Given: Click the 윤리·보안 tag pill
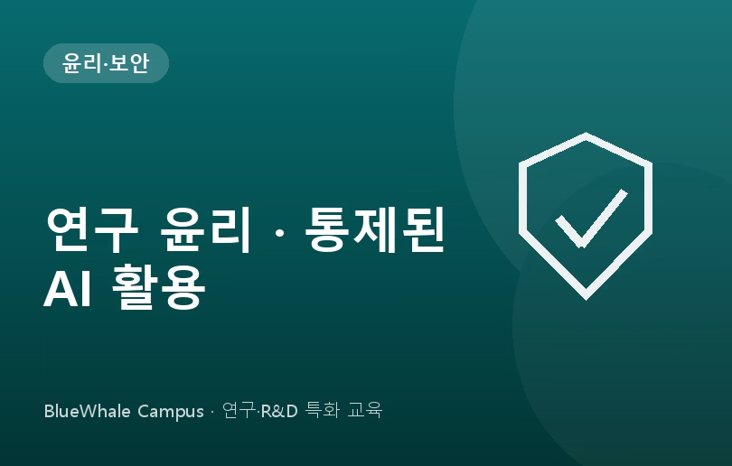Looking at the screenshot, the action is pos(106,63).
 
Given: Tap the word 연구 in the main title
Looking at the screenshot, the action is pos(92,229).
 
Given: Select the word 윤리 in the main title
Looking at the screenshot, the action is pos(205,229).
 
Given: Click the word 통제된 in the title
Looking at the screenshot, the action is pos(374,229).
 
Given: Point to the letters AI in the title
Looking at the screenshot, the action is pos(67,288).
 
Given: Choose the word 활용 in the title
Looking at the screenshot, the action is pos(159,286).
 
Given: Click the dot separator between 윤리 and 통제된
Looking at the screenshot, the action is pos(278,231).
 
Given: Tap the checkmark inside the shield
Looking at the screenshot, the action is pos(591,219).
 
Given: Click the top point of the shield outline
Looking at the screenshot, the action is pos(586,134).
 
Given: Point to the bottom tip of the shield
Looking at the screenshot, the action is pos(586,299).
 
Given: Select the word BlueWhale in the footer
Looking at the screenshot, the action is pos(87,412).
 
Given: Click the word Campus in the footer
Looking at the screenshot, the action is pos(171,413).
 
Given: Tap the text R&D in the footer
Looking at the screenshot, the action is pos(279,412).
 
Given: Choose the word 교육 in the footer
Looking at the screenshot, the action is pos(365,411).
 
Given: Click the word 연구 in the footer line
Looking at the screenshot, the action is pos(239,411).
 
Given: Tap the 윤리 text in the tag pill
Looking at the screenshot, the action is pos(82,63).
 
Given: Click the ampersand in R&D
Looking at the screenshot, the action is pos(279,412).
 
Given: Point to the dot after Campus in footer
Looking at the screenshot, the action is pos(212,412).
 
